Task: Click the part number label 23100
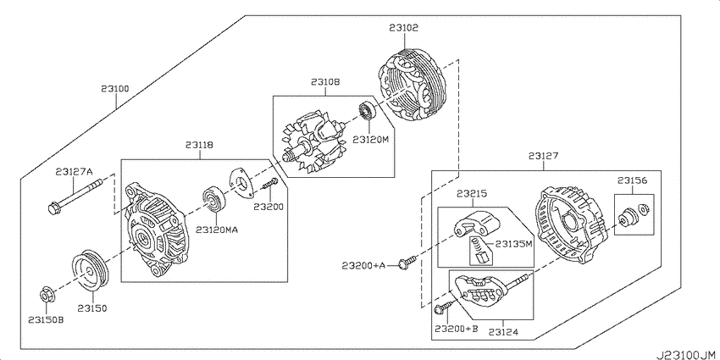(x=115, y=88)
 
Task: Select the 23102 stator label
(x=403, y=28)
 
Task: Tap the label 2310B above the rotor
(x=325, y=82)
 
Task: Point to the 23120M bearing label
(x=370, y=140)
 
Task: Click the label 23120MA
(x=217, y=230)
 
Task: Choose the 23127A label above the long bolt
(x=74, y=172)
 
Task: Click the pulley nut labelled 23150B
(x=46, y=295)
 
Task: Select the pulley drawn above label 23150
(x=91, y=270)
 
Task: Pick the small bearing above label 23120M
(x=367, y=111)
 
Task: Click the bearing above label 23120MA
(x=215, y=200)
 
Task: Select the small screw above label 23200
(x=269, y=185)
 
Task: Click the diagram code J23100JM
(x=686, y=355)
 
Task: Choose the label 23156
(x=632, y=181)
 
